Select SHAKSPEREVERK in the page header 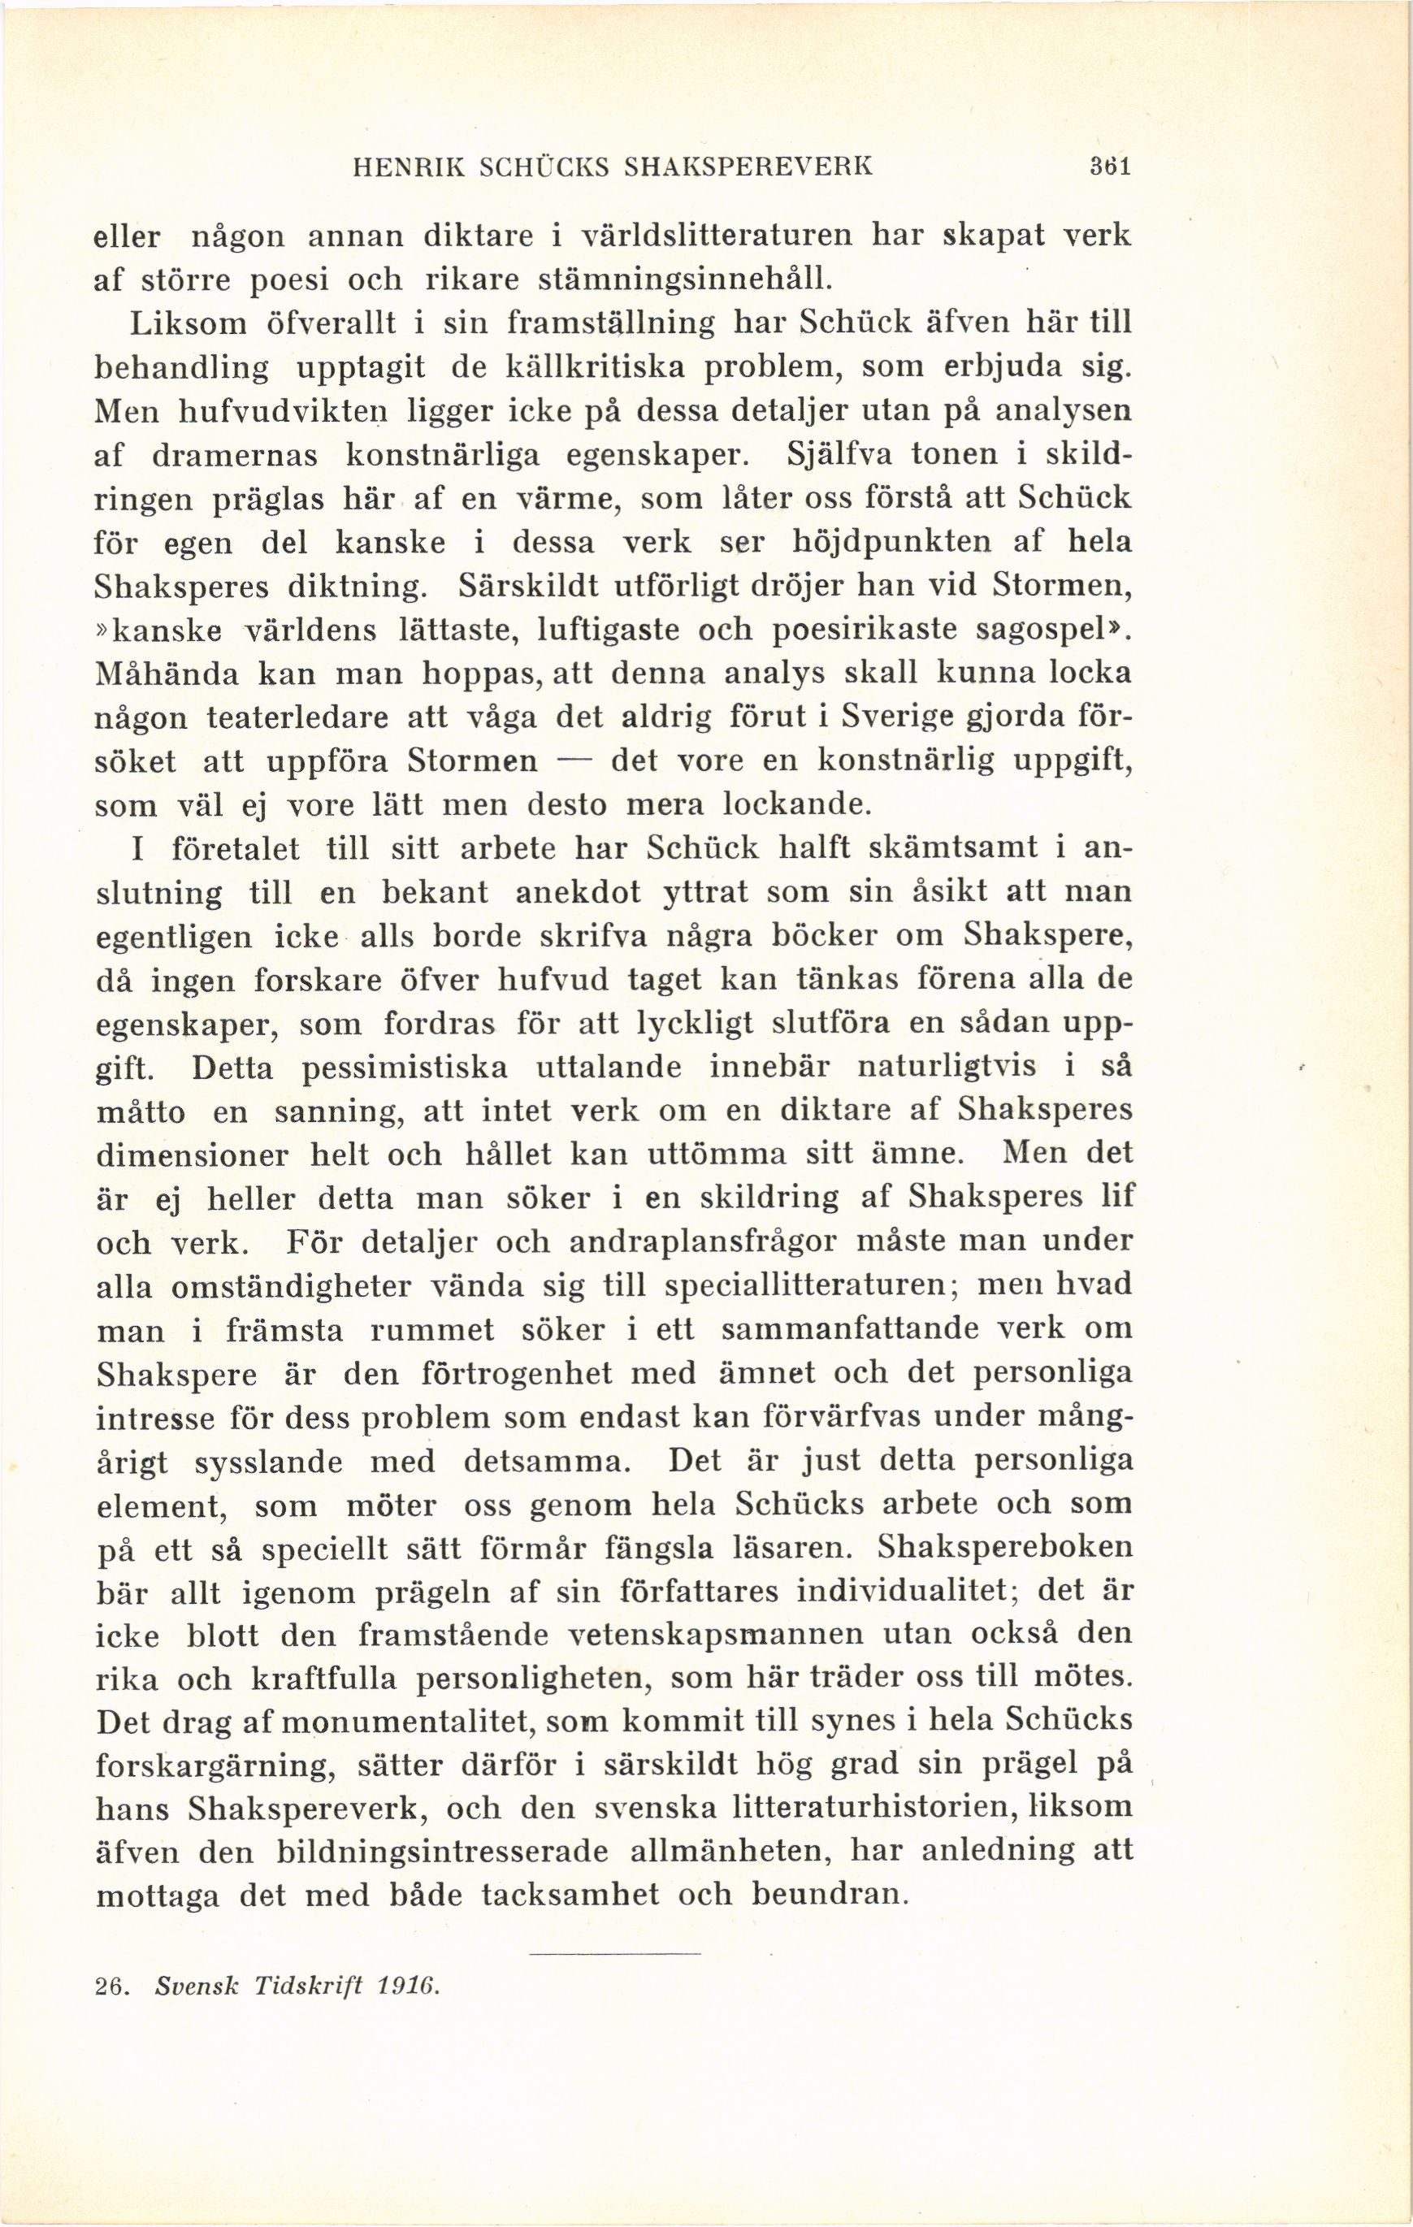[x=748, y=167]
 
